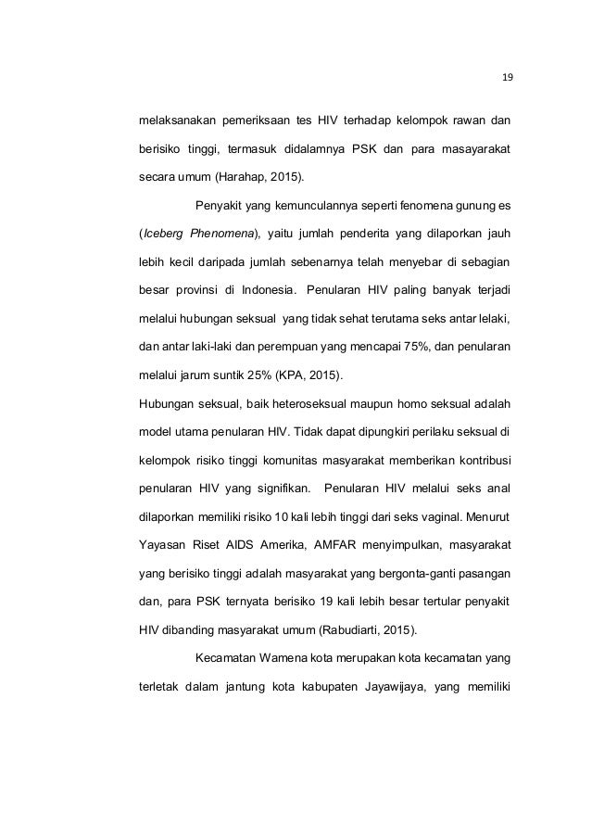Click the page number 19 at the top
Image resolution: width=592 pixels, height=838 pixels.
[x=507, y=76]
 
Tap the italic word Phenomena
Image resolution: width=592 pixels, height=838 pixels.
[x=230, y=232]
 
